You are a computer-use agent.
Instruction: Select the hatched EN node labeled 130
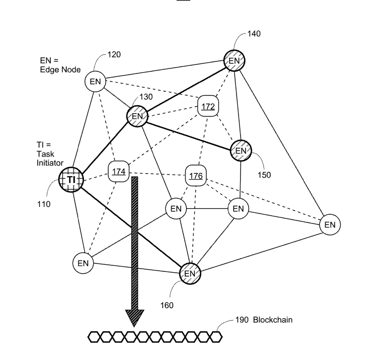click(137, 116)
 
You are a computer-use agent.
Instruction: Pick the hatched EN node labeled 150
click(241, 150)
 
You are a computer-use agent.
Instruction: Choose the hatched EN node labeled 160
click(189, 273)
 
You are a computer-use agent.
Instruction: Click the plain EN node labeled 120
click(95, 81)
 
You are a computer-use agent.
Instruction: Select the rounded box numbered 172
click(208, 106)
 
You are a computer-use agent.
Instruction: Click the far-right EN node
click(330, 224)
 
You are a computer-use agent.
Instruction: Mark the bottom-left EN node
click(83, 263)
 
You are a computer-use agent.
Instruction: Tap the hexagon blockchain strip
click(155, 337)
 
